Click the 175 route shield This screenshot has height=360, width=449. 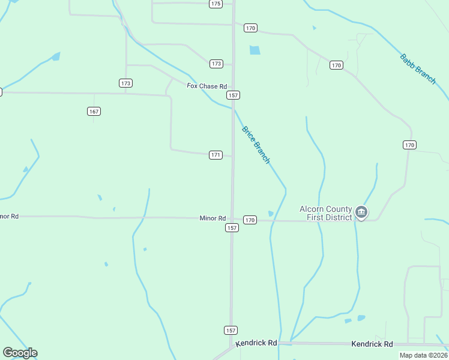click(216, 4)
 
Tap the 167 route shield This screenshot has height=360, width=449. click(94, 111)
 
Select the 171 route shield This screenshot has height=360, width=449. click(216, 155)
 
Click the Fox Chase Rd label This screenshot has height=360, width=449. click(206, 86)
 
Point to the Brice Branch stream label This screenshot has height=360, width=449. click(256, 145)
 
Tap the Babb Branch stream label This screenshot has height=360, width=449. click(418, 69)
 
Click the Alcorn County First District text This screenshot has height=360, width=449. click(326, 213)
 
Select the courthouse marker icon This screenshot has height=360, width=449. click(361, 212)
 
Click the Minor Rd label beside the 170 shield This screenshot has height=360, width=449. click(212, 218)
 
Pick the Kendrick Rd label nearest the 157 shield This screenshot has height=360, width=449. click(256, 343)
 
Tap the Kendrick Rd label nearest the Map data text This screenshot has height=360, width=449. click(372, 344)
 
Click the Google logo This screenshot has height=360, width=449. click(20, 353)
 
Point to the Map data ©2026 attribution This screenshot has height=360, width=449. click(423, 355)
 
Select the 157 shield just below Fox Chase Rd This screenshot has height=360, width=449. click(234, 95)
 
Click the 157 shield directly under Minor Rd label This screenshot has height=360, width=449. click(232, 228)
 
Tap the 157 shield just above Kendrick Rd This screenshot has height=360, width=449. click(231, 330)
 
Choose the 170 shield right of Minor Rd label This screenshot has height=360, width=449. click(250, 220)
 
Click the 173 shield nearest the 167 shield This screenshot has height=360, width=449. click(125, 83)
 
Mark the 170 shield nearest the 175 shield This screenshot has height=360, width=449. click(250, 28)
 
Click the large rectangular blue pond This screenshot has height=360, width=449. click(255, 50)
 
